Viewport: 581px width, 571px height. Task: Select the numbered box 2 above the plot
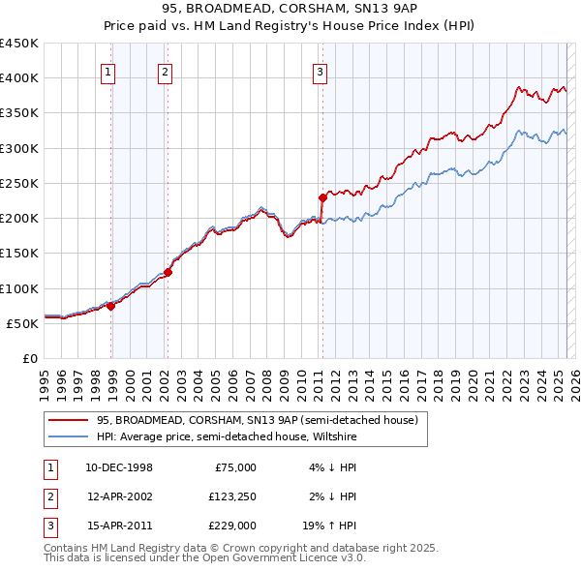[x=166, y=71]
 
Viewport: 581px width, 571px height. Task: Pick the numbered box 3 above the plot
[x=320, y=71]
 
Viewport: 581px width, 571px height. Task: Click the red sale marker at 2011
[x=321, y=197]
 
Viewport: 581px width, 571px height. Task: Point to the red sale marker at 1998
[x=111, y=306]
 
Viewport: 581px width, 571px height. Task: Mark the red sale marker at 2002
[x=168, y=272]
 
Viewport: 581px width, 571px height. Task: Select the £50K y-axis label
[x=23, y=323]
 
